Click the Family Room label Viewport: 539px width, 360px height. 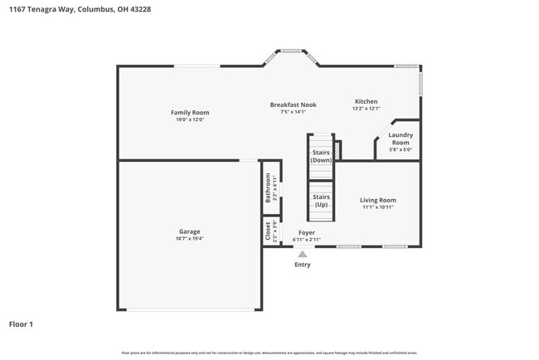point(190,113)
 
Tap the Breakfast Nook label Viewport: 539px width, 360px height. point(294,105)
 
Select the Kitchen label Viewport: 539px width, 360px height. point(366,101)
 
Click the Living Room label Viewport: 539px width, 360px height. point(377,200)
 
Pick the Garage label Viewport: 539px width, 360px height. point(189,231)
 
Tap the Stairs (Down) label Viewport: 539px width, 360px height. point(321,156)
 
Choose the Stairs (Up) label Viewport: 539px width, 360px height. point(321,201)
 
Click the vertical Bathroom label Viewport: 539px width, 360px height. point(268,188)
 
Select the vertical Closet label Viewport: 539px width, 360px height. point(268,230)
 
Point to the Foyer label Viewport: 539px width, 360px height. point(307,233)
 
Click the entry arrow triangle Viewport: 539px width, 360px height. point(303,254)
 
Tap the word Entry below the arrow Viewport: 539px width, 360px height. point(303,265)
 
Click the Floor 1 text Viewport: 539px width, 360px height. point(21,324)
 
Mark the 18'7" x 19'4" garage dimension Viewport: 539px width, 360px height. point(189,239)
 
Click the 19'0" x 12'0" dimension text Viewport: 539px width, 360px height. point(190,120)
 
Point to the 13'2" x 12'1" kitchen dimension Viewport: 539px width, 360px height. point(366,109)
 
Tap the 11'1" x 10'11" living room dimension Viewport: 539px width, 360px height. point(377,207)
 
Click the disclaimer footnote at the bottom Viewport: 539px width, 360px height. point(269,353)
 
